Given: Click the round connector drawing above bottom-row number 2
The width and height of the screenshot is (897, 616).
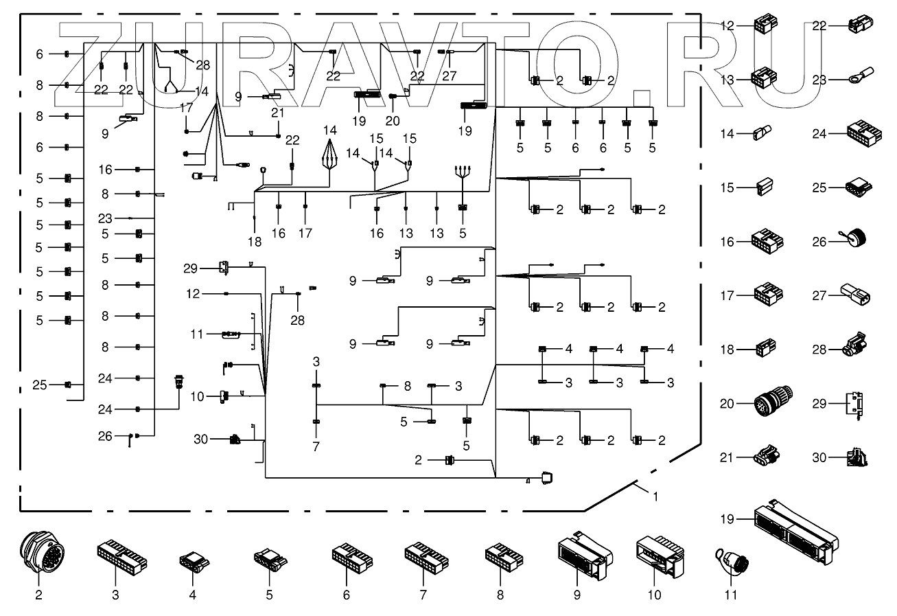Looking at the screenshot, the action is point(42,551).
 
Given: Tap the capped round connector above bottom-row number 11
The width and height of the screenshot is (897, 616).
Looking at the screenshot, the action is point(732,562).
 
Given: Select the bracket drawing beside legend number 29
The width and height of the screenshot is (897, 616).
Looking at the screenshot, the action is point(854,404).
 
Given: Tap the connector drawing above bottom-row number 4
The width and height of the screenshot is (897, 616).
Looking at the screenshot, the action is point(194,560).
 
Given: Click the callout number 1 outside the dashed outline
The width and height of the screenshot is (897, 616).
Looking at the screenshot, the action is point(655,497).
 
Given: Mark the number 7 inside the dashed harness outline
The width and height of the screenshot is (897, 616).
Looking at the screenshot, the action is point(316,446).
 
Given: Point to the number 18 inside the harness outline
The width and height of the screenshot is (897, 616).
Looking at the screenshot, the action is point(255,242).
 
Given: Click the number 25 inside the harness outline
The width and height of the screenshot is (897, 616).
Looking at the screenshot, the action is point(40,385).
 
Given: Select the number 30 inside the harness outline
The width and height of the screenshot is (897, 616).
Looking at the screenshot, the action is point(200,440).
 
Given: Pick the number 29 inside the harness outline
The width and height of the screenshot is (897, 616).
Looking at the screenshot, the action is point(190,269).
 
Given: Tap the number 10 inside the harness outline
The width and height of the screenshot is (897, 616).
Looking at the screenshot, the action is point(197,397).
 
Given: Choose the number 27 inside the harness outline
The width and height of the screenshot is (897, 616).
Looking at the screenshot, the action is point(450,76).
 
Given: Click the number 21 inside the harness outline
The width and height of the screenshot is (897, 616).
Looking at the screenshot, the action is point(277,113).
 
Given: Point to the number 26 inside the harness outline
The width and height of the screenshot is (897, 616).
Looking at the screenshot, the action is point(105,436).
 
